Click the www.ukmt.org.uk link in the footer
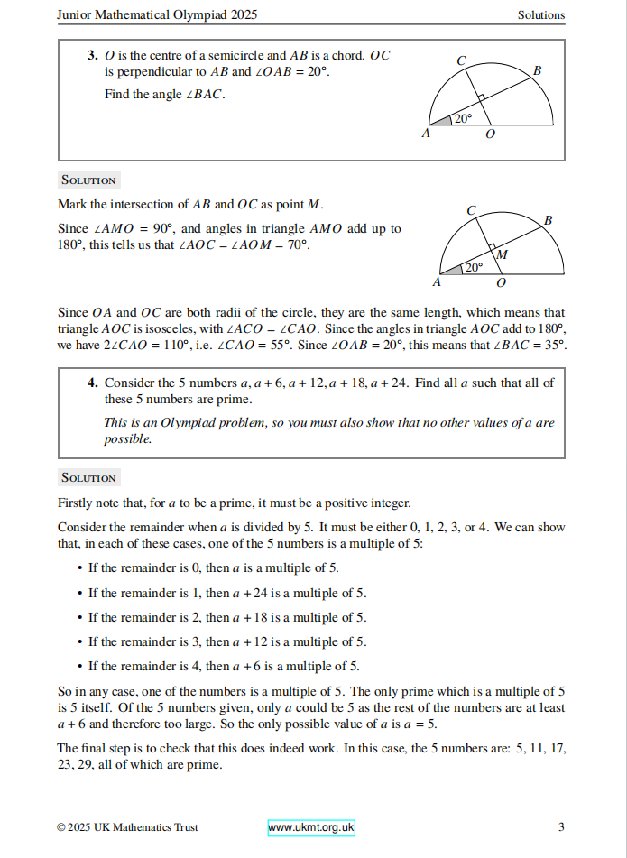click(x=311, y=827)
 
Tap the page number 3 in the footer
click(x=561, y=827)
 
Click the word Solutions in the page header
click(x=541, y=14)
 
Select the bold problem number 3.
click(x=93, y=55)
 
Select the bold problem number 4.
click(x=93, y=383)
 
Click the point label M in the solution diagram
click(x=503, y=254)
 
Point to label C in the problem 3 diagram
click(x=461, y=60)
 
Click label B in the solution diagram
click(x=549, y=219)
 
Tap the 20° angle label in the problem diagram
click(x=463, y=118)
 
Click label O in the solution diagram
click(x=501, y=282)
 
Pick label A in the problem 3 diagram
click(x=426, y=134)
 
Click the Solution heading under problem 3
click(x=88, y=180)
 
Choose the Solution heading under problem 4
click(x=88, y=477)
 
